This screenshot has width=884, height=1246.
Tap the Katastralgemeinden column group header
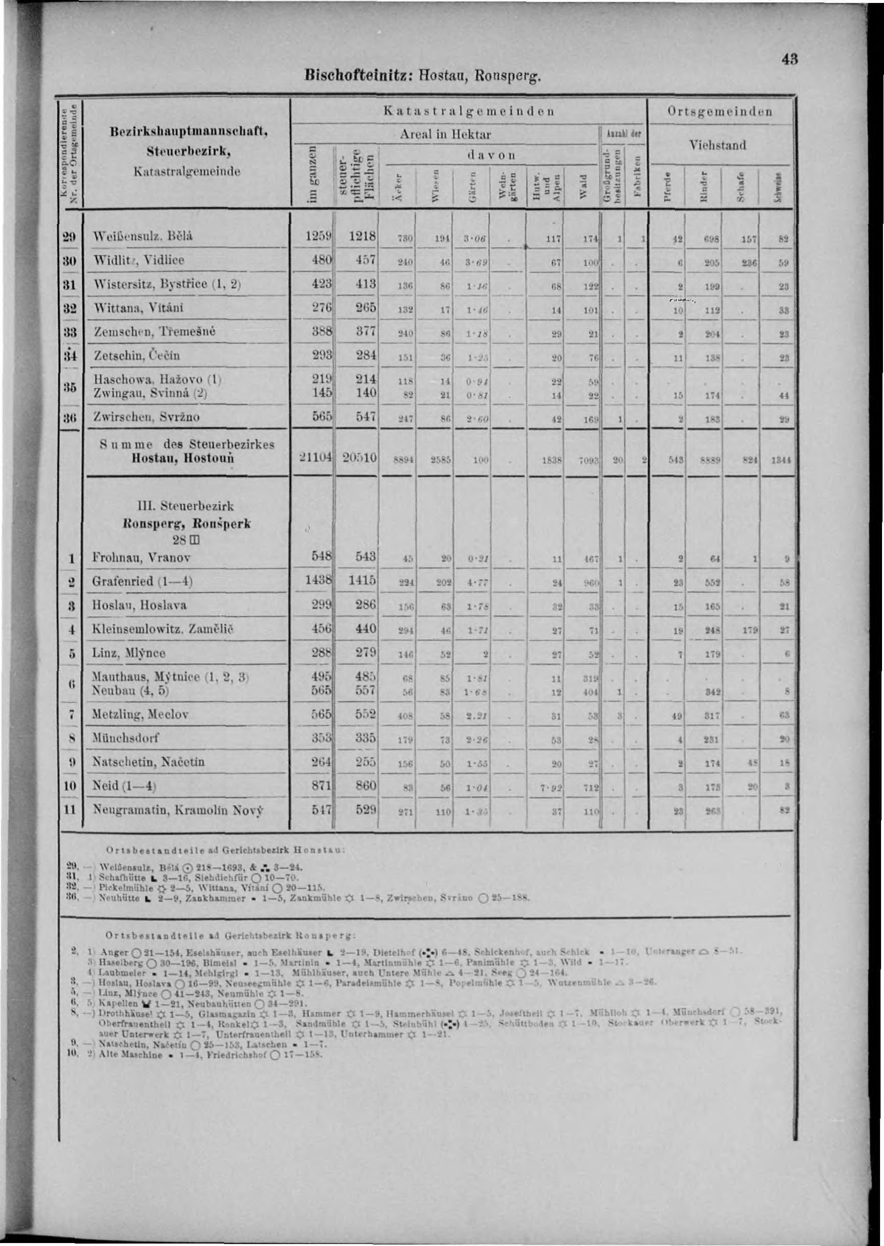point(469,112)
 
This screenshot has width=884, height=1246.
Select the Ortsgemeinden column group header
point(720,112)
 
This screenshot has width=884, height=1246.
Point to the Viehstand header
point(718,145)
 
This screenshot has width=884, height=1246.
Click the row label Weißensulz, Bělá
point(143,237)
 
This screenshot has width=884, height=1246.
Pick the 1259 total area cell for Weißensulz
point(318,236)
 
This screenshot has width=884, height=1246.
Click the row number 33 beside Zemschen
point(69,331)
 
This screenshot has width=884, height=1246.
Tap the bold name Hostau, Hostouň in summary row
point(183,458)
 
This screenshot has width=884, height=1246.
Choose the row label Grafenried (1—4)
point(143,581)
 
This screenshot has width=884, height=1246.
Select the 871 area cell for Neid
point(320,786)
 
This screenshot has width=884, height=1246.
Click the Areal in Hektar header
point(445,134)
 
